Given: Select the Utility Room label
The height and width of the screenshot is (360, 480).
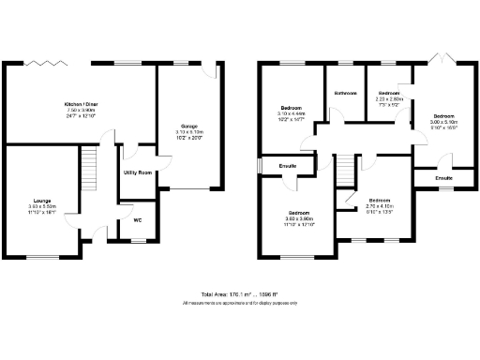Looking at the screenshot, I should click(x=138, y=173).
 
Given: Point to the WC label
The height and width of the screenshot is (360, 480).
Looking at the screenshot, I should click(x=137, y=220).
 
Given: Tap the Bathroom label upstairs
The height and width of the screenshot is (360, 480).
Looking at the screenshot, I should click(x=346, y=93).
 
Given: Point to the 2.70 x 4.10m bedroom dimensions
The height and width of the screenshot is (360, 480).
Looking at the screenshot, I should click(x=379, y=206).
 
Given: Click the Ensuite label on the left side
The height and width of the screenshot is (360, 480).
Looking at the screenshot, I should click(x=287, y=166).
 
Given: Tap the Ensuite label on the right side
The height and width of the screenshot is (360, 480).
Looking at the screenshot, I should click(x=443, y=177).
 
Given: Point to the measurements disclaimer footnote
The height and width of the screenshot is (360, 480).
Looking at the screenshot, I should click(x=239, y=303).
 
